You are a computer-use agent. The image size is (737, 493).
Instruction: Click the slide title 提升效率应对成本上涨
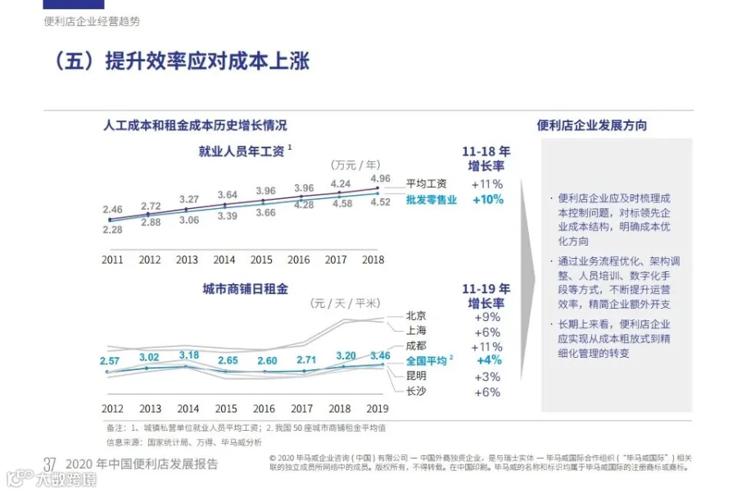click(x=207, y=61)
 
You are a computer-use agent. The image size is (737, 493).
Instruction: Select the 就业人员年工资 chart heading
click(x=242, y=152)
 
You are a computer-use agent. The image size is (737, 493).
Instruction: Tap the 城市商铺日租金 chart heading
click(x=245, y=289)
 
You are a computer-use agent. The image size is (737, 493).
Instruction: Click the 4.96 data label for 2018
click(x=380, y=179)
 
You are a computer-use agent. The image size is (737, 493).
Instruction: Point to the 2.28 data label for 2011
click(x=113, y=230)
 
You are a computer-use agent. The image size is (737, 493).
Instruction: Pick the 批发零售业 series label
click(x=432, y=200)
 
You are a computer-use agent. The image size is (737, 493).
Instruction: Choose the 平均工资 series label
click(x=427, y=183)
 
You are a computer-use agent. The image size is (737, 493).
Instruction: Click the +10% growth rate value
click(x=488, y=200)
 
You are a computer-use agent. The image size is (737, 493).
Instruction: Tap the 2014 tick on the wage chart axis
click(x=224, y=260)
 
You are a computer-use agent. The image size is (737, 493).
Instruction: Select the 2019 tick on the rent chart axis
click(x=378, y=409)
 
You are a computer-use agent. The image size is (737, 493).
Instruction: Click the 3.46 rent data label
click(x=380, y=355)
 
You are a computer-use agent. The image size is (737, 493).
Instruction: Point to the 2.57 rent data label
click(x=110, y=361)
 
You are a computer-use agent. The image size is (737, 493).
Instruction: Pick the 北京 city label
click(x=416, y=316)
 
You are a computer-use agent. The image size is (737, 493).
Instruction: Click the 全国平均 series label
click(x=427, y=361)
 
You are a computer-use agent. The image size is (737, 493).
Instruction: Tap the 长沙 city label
click(x=416, y=391)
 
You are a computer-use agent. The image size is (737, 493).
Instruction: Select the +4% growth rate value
click(x=490, y=360)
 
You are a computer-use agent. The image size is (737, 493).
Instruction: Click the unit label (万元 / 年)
click(x=355, y=165)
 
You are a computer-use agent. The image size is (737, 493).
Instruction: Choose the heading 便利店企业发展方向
click(x=592, y=125)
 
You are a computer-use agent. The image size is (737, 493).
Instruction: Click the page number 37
click(x=50, y=465)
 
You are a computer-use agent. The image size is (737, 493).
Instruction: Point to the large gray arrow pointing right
click(x=527, y=279)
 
